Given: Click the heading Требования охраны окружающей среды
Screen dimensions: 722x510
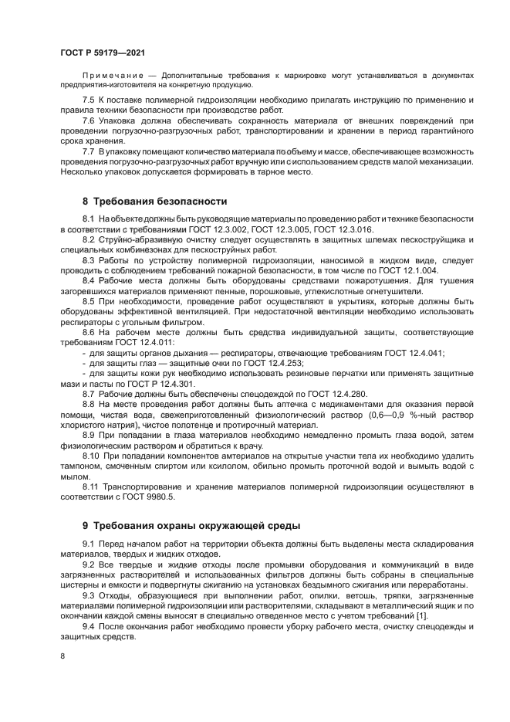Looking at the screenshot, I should click(x=191, y=526).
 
